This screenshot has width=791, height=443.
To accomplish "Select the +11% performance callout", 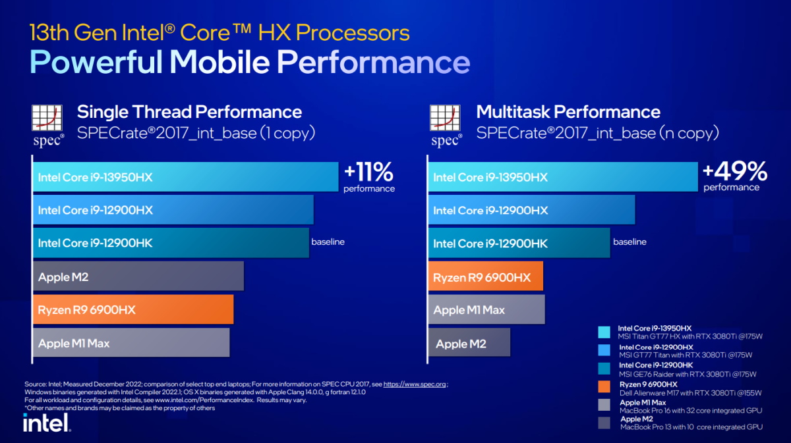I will [368, 177].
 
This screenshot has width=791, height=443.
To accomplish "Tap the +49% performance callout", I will [734, 176].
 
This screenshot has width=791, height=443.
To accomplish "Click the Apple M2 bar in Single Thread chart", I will [138, 276].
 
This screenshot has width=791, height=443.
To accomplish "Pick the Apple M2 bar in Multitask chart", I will [470, 344].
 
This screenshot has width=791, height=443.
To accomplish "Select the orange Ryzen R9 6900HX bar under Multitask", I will [486, 277].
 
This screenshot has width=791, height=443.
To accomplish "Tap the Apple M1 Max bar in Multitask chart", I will [486, 310].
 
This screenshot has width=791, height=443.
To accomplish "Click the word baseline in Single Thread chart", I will [328, 242].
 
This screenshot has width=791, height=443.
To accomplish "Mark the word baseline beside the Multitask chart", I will [630, 242].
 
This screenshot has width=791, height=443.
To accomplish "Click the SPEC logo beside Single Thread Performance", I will [49, 124].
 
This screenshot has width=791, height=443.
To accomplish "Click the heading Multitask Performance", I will [568, 111].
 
